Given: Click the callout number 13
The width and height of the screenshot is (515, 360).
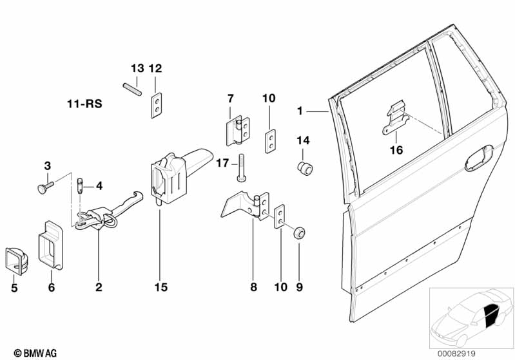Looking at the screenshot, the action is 137,68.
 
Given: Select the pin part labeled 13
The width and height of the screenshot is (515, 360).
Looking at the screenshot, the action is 132,90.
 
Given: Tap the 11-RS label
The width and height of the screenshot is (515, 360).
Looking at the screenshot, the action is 84,104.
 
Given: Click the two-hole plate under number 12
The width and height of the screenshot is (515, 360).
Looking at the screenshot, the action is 157,105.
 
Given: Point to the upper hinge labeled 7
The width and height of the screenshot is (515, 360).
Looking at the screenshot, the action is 238,131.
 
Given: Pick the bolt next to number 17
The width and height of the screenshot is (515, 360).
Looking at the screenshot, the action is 241,167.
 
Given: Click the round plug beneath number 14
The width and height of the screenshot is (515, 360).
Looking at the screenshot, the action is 305,168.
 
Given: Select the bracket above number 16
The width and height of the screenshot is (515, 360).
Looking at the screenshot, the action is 396,117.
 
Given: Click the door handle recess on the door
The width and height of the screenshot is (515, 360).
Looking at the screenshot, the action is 479,158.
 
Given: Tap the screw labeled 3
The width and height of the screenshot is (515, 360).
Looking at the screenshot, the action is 45,187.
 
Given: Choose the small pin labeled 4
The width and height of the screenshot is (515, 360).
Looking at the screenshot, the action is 80,186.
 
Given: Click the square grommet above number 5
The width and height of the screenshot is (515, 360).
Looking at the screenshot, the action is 16,260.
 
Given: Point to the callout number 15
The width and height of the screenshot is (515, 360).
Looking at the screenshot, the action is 161,287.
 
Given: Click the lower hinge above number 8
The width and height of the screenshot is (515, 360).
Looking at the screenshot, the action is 245,205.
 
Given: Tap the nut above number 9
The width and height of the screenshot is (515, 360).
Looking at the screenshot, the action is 299,232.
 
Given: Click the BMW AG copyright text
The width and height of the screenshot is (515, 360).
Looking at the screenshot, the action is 35,353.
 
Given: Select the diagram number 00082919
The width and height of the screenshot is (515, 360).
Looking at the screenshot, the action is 456,354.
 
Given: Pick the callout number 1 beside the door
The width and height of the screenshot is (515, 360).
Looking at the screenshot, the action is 300,111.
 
